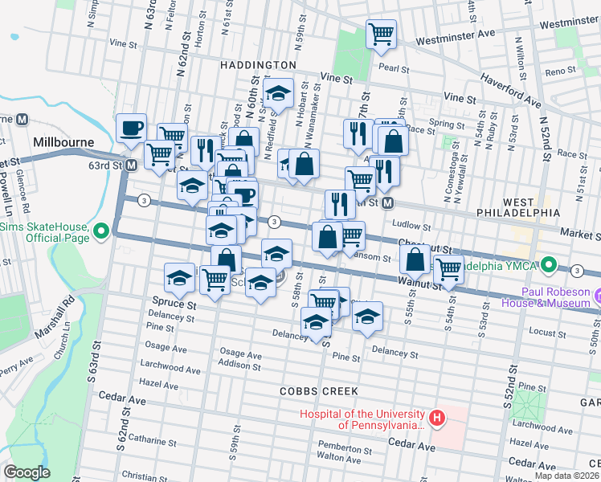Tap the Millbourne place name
tap(64, 141)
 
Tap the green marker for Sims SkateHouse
tap(101, 233)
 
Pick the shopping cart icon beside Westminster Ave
tap(380, 35)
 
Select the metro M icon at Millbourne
tap(22, 119)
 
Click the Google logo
tap(27, 472)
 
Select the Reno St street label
tap(556, 71)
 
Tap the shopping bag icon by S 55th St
tap(415, 259)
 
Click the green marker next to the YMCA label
tap(549, 263)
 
